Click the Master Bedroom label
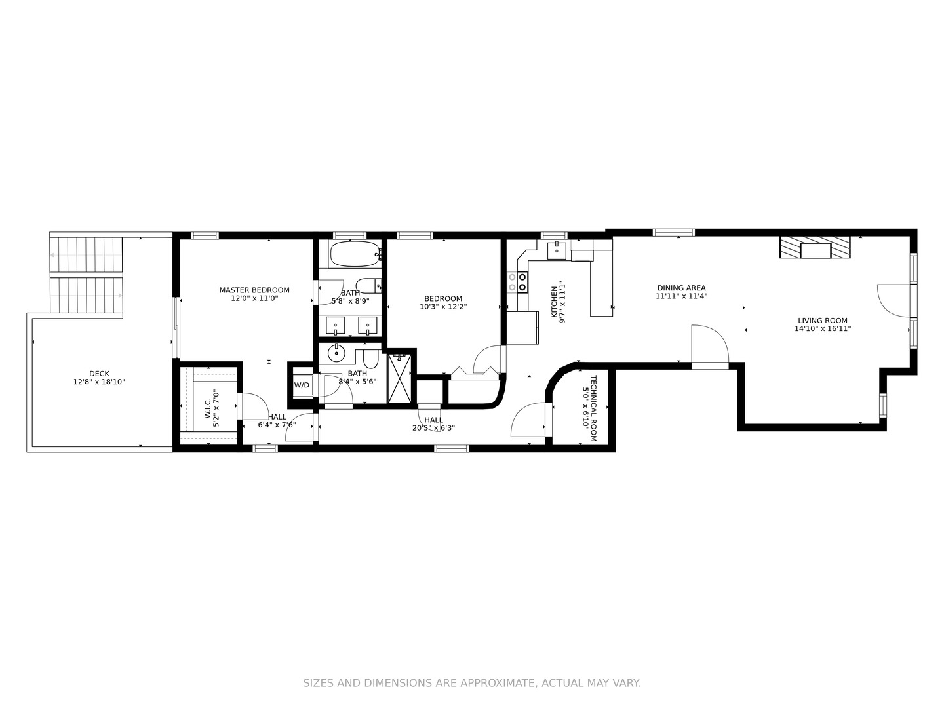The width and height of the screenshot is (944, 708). click(254, 290)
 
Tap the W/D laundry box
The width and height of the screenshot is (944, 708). click(302, 385)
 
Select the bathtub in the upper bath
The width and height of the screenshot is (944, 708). click(355, 254)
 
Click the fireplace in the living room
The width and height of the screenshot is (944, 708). click(814, 247)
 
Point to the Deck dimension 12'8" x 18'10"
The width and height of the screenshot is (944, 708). click(99, 382)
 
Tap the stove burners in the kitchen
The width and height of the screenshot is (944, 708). click(522, 282)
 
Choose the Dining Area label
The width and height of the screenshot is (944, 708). click(681, 288)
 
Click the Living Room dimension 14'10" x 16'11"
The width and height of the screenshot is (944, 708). click(822, 329)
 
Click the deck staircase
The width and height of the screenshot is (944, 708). click(87, 276)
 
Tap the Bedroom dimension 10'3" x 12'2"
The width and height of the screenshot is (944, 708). click(443, 307)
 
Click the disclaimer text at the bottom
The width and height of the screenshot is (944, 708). click(471, 683)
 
